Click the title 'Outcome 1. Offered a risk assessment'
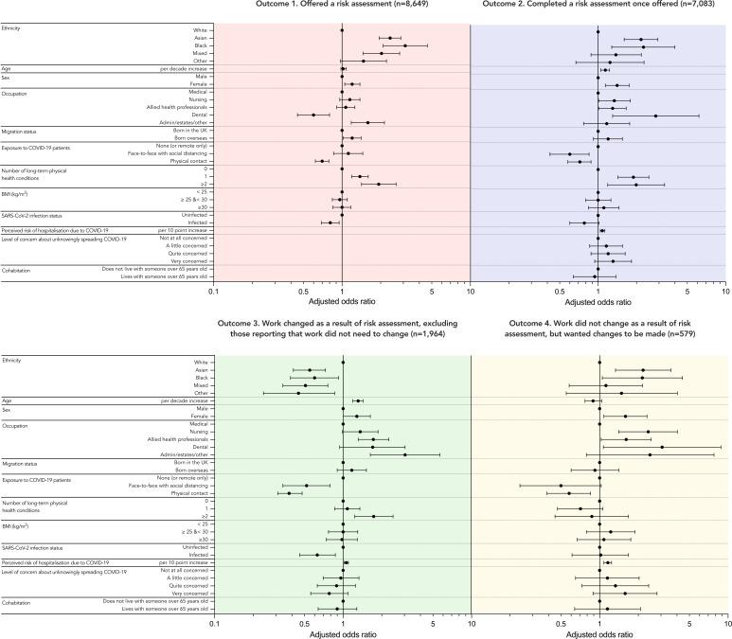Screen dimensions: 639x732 click(x=341, y=5)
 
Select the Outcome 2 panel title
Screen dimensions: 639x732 click(x=598, y=5)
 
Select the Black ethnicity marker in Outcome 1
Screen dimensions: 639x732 click(x=405, y=45)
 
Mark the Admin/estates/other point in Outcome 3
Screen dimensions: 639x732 click(x=405, y=454)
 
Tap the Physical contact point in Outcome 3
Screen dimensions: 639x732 click(x=289, y=492)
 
